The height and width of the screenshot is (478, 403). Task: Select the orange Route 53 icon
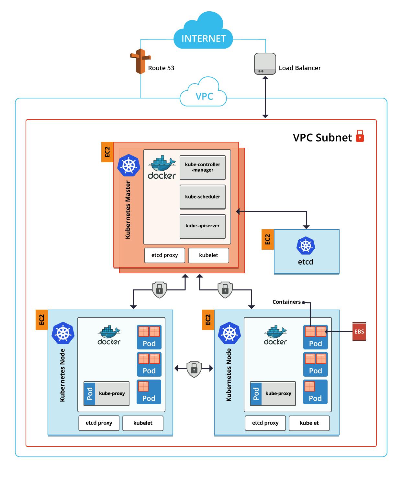point(140,61)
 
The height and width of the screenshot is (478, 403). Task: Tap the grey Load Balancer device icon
point(265,64)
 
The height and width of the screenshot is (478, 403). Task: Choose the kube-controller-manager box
point(203,167)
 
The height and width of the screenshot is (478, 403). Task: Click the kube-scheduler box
point(203,197)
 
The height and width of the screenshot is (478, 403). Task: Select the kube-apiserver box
point(203,226)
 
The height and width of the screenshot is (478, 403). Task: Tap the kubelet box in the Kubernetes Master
point(208,255)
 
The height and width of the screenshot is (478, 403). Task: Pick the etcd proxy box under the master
point(165,255)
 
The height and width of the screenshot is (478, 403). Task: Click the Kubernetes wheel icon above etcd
point(306,245)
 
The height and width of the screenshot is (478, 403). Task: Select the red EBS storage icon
point(359,331)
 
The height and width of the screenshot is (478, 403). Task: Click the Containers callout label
point(286,302)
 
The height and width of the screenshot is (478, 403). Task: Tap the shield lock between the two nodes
point(194,368)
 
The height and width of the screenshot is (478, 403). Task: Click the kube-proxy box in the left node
point(106,393)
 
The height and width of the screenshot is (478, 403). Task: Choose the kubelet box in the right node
point(309,423)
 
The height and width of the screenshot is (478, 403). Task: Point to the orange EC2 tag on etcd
point(268,240)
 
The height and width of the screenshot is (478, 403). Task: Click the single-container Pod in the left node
point(149,392)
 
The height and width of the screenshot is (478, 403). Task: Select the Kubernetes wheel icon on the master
point(129,165)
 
